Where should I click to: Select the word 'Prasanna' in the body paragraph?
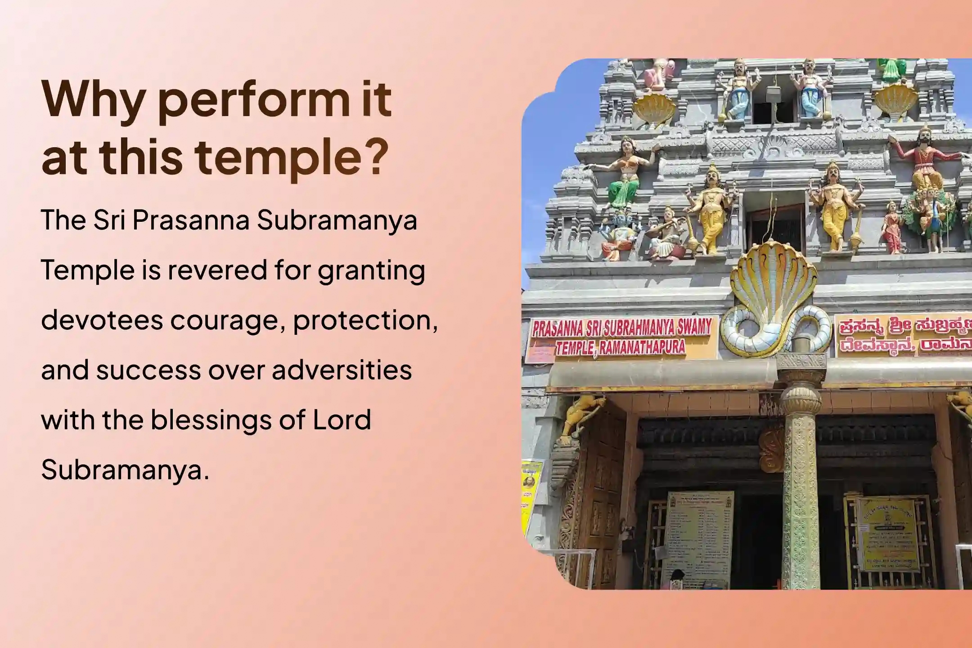coord(191,220)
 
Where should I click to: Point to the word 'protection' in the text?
coord(364,320)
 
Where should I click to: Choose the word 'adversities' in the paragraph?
coord(342,370)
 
